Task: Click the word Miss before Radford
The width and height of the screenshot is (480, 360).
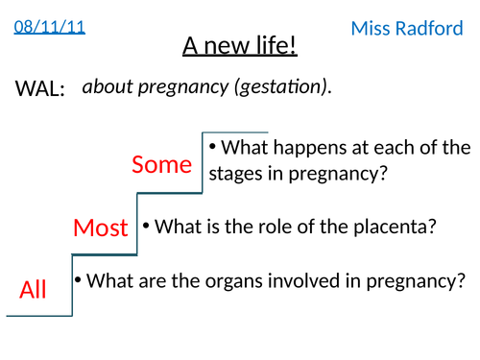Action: point(372,29)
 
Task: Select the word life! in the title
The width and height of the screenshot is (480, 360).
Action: point(275,46)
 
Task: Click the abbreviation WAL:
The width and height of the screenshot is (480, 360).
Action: point(40,89)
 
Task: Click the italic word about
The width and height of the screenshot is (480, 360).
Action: point(106,87)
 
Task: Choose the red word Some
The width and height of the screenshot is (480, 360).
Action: point(162,164)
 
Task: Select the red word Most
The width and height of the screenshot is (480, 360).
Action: point(101,228)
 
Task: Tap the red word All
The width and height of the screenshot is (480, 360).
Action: point(33,289)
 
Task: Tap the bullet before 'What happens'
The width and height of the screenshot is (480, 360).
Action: point(213,147)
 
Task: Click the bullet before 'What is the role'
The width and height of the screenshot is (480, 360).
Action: point(146,227)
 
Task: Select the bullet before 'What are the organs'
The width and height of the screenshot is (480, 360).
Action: point(78,280)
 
